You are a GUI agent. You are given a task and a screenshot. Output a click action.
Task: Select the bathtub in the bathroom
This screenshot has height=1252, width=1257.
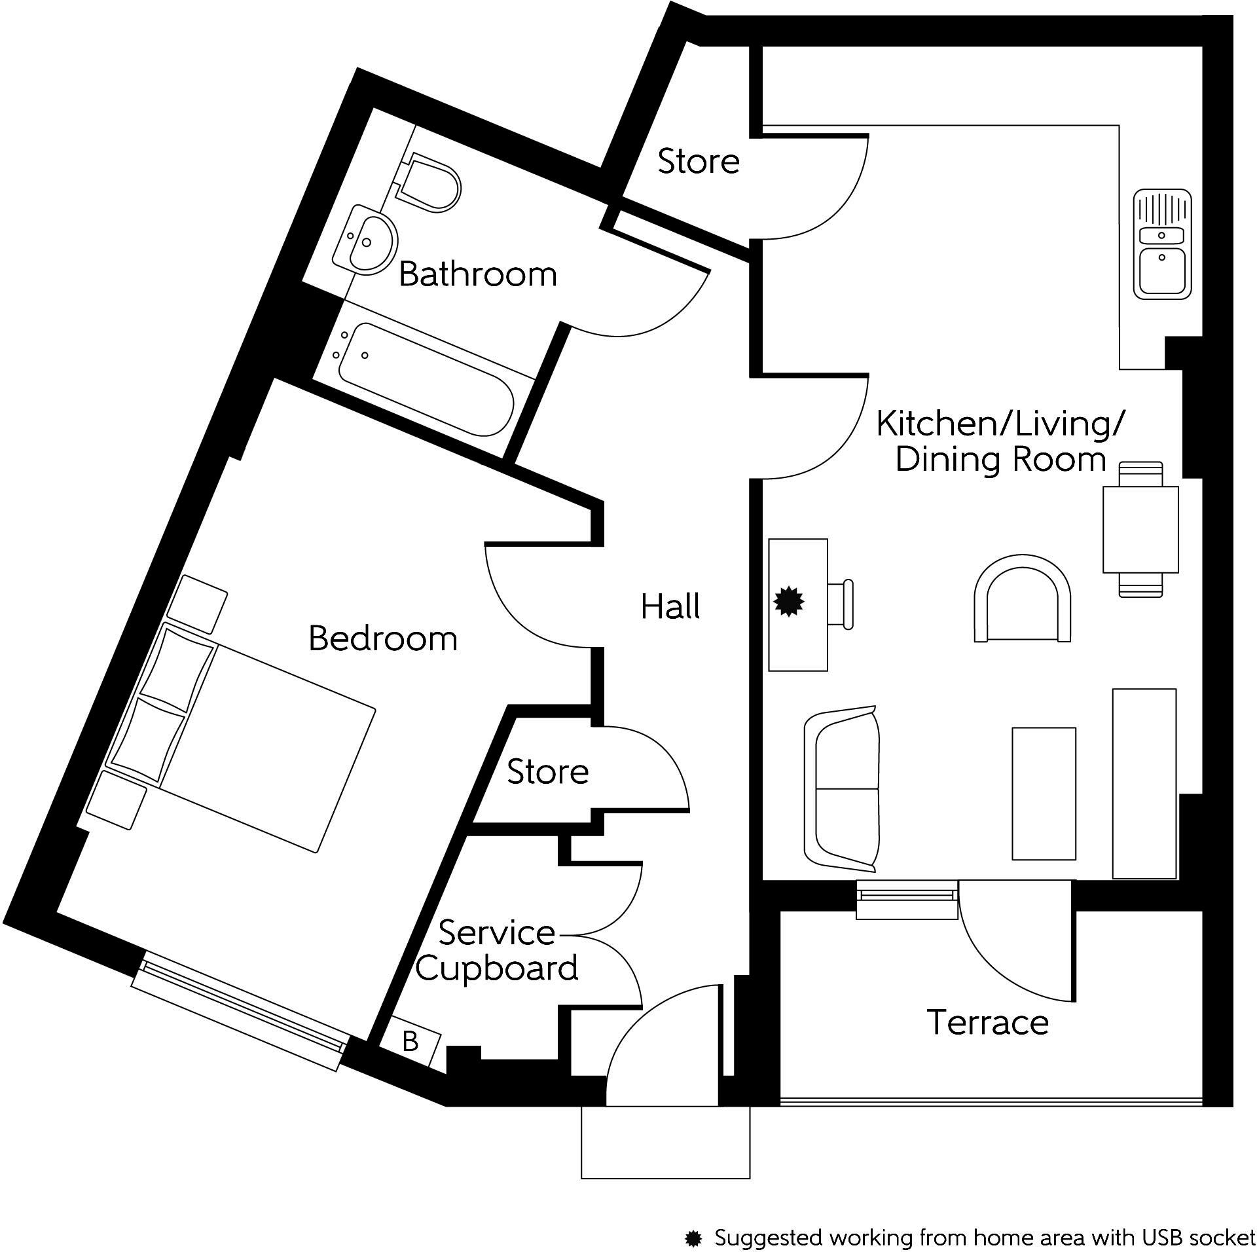426,380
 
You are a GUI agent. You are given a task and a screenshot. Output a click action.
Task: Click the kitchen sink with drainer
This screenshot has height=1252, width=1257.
1162,244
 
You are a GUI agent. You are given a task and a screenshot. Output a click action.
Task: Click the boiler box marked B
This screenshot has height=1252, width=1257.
410,1040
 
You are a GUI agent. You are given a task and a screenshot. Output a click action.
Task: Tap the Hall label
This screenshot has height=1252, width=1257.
670,606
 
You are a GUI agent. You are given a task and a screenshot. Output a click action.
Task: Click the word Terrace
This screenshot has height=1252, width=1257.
987,1022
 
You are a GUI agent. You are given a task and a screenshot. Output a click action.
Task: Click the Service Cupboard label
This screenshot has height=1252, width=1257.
496,951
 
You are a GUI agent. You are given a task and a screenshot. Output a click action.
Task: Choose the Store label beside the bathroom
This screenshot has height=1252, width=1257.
699,161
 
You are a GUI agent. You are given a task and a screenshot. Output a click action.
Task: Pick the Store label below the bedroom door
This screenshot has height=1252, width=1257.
547,772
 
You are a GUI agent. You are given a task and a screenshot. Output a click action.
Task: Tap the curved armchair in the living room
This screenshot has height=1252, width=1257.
1022,599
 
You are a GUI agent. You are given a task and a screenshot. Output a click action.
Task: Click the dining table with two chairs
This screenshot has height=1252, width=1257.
1140,529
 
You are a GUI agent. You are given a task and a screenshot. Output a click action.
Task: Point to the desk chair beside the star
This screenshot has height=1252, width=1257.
843,604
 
